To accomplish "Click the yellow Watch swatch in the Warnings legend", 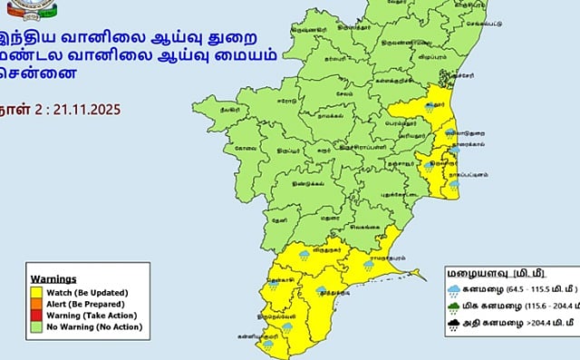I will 37,292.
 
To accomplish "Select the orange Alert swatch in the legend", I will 37,304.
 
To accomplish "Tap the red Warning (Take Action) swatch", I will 37,315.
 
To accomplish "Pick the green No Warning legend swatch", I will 37,326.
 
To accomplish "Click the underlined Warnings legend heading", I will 53,278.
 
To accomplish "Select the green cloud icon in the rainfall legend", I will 454,310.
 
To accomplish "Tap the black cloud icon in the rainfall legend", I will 454,329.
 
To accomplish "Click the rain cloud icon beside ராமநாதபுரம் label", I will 368,265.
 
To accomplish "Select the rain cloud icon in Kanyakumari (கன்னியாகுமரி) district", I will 268,345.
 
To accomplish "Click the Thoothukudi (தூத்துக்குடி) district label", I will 336,294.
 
